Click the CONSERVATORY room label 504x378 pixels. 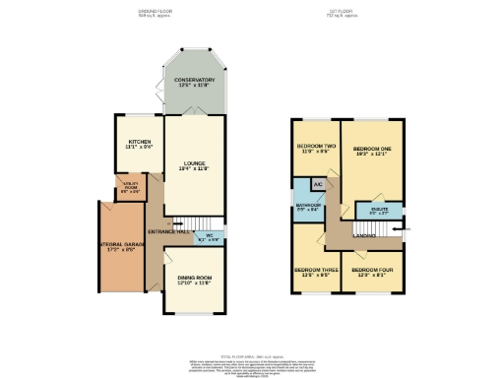pyautogui.click(x=194, y=82)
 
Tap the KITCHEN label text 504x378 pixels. pyautogui.click(x=139, y=144)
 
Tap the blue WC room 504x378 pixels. pyautogui.click(x=210, y=237)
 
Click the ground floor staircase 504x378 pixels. pyautogui.click(x=184, y=224)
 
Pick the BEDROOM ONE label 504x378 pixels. pyautogui.click(x=373, y=151)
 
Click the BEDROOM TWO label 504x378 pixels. pyautogui.click(x=316, y=150)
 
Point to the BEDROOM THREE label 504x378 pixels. pyautogui.click(x=315, y=272)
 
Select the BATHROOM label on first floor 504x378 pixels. pyautogui.click(x=306, y=207)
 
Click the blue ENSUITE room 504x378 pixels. pyautogui.click(x=378, y=211)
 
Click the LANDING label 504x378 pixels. pyautogui.click(x=363, y=235)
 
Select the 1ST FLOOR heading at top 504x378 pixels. pyautogui.click(x=341, y=14)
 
